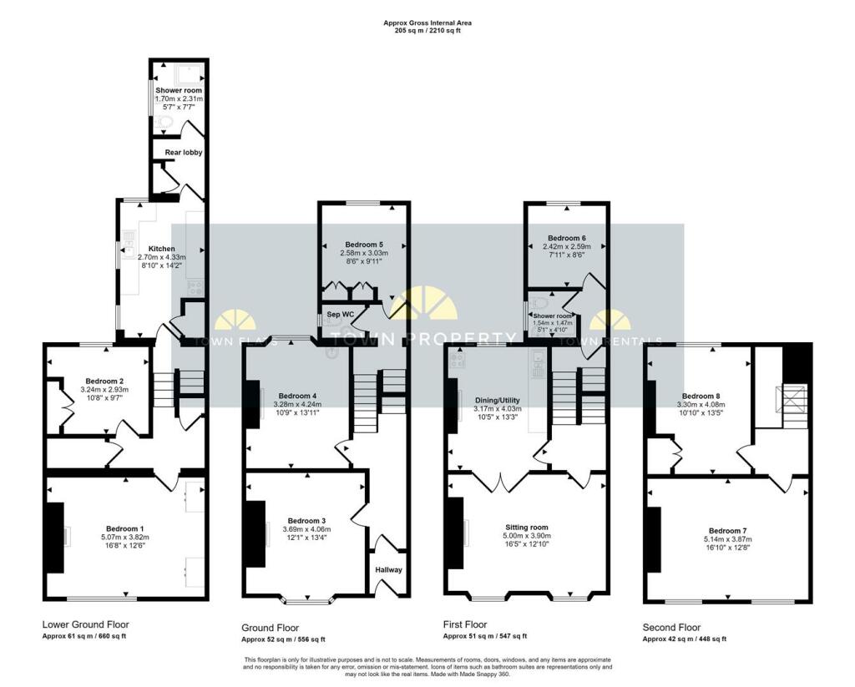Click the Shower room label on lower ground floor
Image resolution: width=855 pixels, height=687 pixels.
(x=179, y=90)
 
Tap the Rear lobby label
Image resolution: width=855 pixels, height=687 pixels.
(x=184, y=152)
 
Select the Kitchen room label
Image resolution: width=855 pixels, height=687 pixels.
(x=161, y=249)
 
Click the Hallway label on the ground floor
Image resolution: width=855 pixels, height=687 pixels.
(x=389, y=570)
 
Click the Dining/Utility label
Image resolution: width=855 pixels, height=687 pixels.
(x=497, y=399)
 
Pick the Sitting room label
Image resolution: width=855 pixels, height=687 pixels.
(x=526, y=528)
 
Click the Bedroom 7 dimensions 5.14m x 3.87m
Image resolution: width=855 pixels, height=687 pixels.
(x=730, y=540)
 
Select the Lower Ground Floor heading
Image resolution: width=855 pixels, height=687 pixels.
(x=85, y=624)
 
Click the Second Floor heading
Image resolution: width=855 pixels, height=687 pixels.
(x=671, y=627)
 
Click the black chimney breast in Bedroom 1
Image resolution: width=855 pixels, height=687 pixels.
(x=55, y=538)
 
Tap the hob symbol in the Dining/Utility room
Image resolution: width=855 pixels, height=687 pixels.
(x=457, y=361)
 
